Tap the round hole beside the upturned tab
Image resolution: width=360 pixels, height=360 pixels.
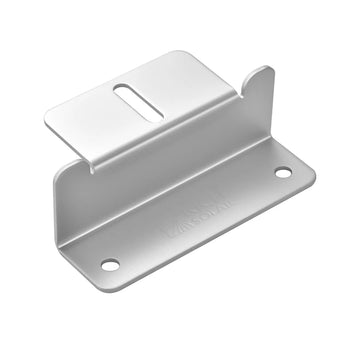(x=283, y=173)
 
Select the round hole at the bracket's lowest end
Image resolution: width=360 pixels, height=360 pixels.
(x=109, y=265)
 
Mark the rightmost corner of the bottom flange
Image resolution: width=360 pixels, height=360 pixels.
(x=313, y=172)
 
